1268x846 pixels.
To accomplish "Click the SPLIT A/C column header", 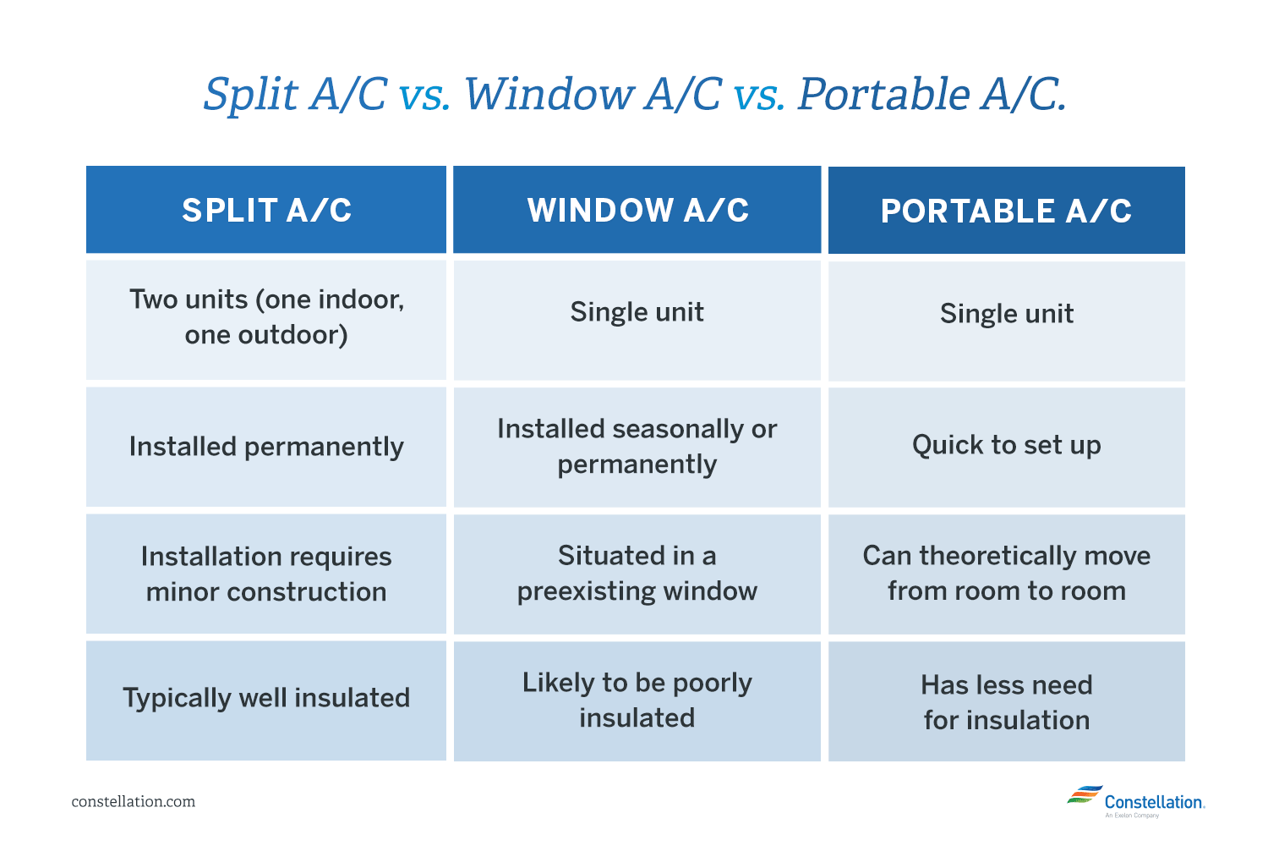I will point(266,210).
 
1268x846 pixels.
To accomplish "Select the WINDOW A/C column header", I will point(637,210).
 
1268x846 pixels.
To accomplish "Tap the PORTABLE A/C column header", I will point(1006,211).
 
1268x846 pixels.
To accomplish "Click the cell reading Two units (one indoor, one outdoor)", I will point(266,317).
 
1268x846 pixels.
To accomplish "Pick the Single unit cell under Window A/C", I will point(637,312).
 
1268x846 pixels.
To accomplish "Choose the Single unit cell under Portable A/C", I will point(1006,314).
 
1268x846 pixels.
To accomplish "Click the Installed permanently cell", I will point(266,447).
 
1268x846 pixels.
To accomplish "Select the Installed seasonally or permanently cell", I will point(637,447).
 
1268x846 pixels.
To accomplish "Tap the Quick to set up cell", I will point(1006,445).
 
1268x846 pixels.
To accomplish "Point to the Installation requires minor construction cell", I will point(266,574).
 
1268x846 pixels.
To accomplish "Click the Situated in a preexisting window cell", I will point(637,574).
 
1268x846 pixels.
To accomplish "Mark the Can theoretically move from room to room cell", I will point(1006,574).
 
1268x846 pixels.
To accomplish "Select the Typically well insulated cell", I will point(266,698).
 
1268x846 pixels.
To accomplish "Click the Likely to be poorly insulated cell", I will point(637,700).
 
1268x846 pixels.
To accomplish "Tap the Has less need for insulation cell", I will point(1006,702).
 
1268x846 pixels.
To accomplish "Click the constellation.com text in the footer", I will point(134,802).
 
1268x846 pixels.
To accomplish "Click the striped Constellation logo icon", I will point(1084,795).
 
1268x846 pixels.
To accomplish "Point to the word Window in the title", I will point(550,94).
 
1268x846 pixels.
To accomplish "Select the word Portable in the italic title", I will point(883,94).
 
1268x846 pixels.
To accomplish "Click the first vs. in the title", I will point(424,96).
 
